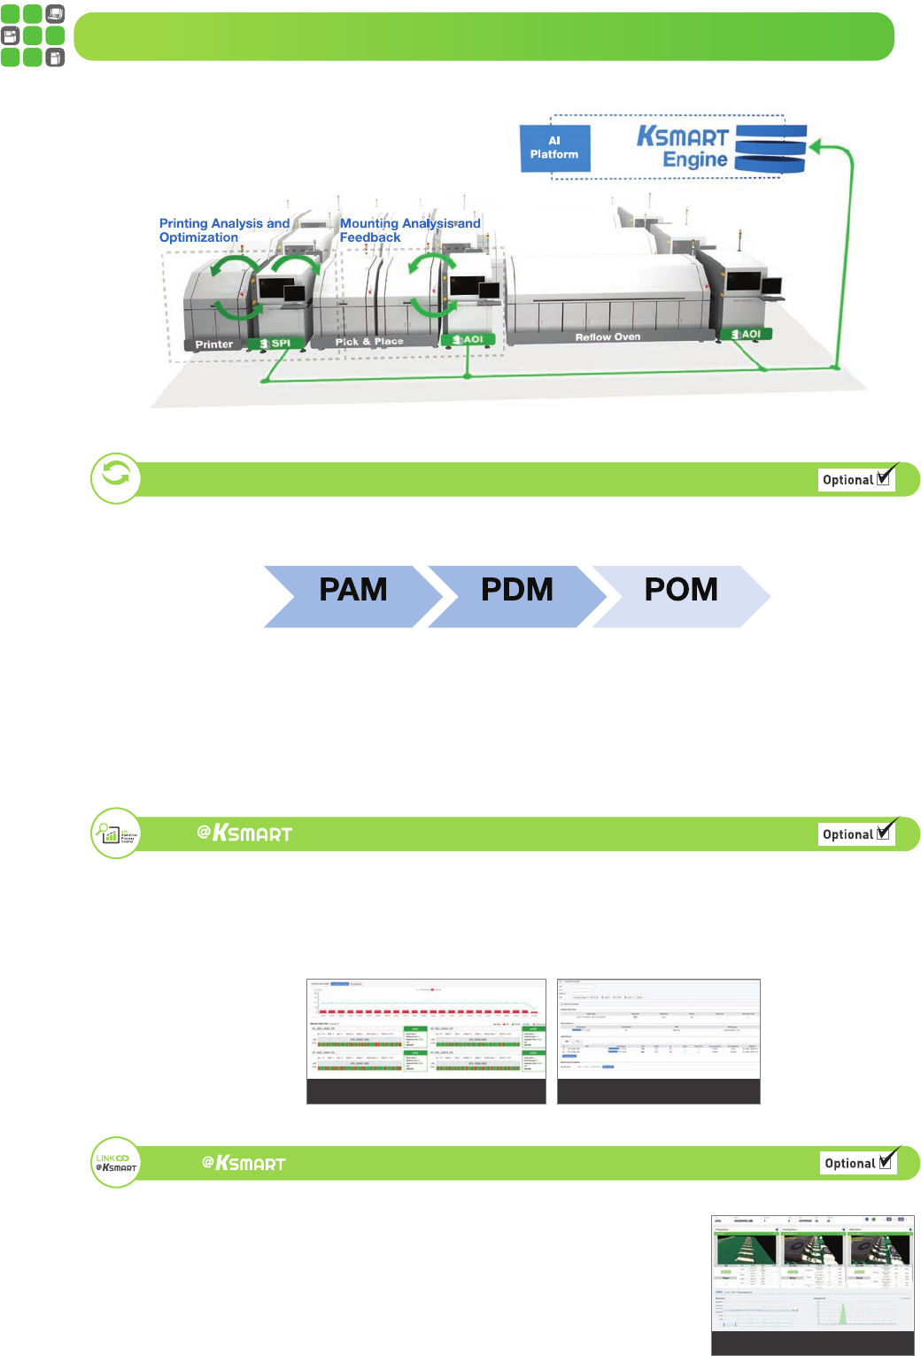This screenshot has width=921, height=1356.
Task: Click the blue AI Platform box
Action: tap(554, 148)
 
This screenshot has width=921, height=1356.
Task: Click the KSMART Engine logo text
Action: tap(683, 148)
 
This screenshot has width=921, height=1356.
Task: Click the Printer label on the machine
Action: tap(214, 345)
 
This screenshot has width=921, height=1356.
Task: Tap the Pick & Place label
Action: tap(369, 342)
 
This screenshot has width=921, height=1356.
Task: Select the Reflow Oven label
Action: tap(608, 337)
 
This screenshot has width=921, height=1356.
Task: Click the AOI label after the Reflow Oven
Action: tap(746, 335)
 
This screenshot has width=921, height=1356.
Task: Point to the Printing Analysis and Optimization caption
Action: tap(223, 230)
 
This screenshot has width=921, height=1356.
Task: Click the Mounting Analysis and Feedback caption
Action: tap(409, 230)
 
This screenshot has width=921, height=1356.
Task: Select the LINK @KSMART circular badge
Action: tap(116, 1162)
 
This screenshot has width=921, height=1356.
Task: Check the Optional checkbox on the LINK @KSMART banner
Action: tap(885, 1162)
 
